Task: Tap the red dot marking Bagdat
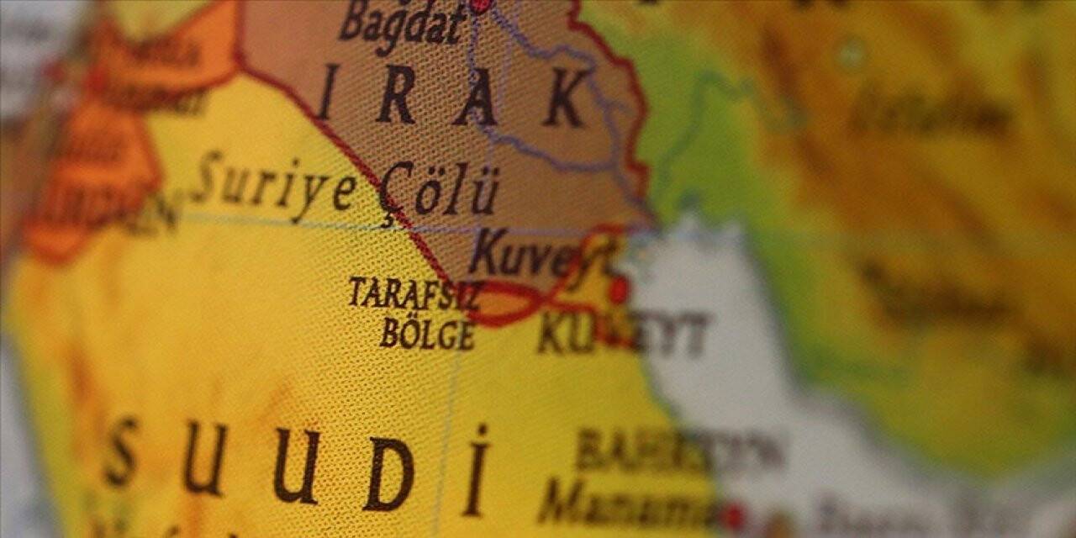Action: point(479,4)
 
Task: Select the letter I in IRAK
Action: point(329,92)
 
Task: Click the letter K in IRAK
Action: point(565,99)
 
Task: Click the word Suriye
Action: point(272,182)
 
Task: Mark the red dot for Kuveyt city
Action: point(619,291)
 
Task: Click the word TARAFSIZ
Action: point(414,294)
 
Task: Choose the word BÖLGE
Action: point(427,334)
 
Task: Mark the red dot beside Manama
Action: point(735,515)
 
